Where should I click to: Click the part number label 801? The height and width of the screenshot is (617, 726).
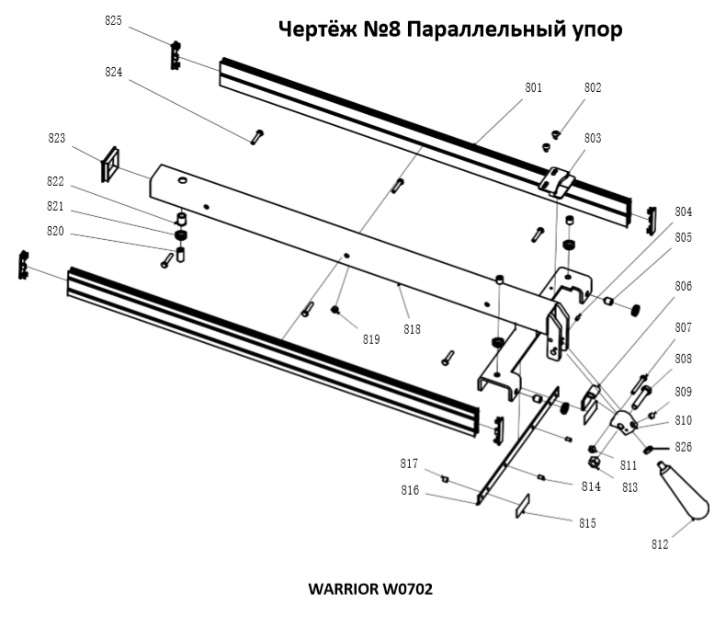(533, 88)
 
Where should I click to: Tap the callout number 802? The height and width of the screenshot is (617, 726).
(593, 88)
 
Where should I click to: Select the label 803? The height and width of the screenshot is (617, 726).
(593, 138)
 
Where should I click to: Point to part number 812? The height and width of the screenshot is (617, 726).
(660, 544)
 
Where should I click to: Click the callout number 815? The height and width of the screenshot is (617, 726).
(586, 522)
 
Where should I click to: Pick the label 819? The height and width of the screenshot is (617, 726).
(371, 339)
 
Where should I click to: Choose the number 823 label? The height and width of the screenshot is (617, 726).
(57, 138)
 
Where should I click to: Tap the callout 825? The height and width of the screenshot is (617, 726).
(114, 21)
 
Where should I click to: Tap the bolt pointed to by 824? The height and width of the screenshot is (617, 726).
(255, 136)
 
